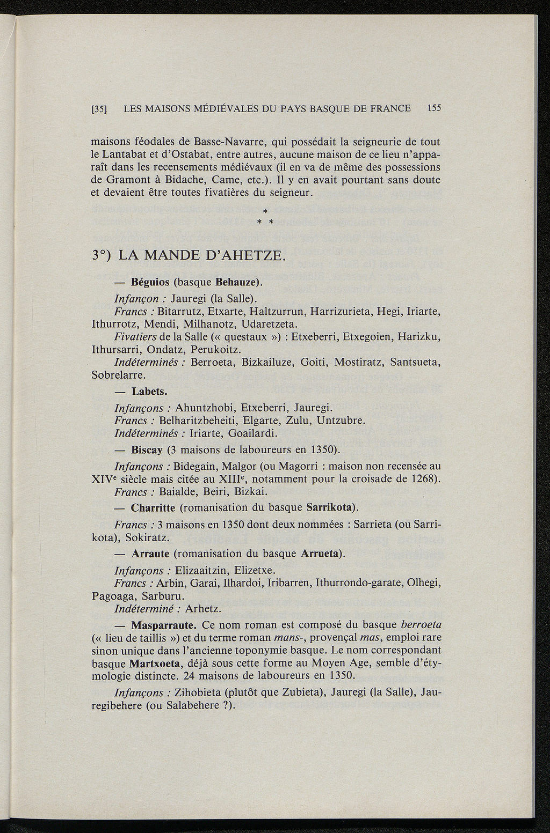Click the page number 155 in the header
point(433,108)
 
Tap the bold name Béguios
point(150,282)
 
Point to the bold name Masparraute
point(164,625)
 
